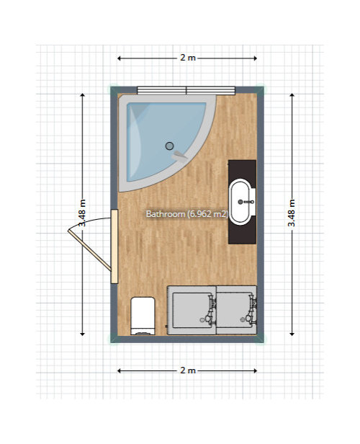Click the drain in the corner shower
[x=169, y=146]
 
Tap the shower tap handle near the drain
[x=179, y=155]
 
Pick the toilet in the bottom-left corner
[x=143, y=316]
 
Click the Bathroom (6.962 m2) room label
[x=187, y=214]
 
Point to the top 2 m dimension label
[x=188, y=58]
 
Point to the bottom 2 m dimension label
[x=188, y=370]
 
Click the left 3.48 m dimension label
[x=82, y=213]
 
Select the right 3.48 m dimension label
[x=292, y=213]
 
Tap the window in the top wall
[x=186, y=90]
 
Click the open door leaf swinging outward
[x=90, y=250]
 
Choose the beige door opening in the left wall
[x=114, y=246]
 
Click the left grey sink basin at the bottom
[x=192, y=310]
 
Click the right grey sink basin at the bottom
[x=236, y=310]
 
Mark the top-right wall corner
[x=260, y=90]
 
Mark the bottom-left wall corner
[x=114, y=339]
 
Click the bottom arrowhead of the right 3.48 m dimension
[x=292, y=334]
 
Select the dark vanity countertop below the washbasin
[x=243, y=202]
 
